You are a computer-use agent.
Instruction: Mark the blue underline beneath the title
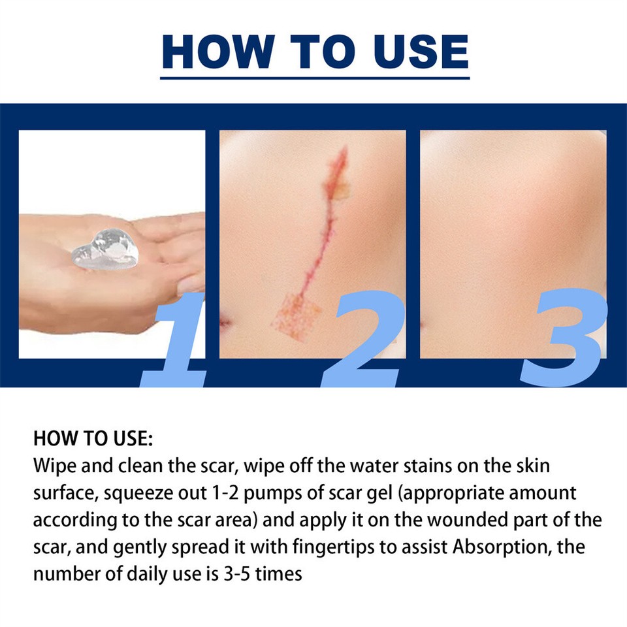[315, 78]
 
